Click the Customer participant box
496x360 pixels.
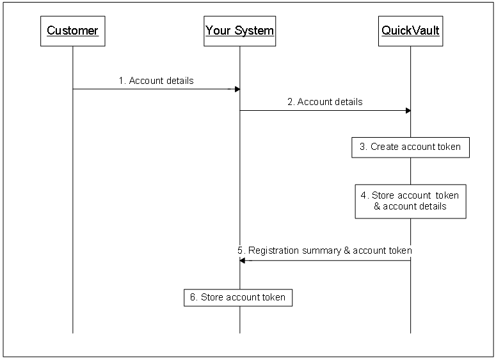pos(72,31)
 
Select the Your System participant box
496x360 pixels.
pos(240,31)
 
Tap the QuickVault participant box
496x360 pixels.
pos(410,31)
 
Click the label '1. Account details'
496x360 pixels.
pos(156,81)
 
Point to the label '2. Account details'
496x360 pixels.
pos(325,102)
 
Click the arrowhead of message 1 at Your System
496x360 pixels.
pos(236,89)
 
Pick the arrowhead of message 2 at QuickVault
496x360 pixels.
pos(407,110)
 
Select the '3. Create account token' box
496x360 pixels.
pos(410,147)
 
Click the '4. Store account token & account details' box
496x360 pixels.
pos(410,201)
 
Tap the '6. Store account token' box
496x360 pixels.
pos(238,297)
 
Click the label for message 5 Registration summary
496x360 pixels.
pos(324,250)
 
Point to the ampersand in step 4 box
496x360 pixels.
pos(377,206)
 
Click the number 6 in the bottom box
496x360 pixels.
pos(193,297)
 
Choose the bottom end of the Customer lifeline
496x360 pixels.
pos(72,332)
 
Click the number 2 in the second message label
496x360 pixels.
pos(291,102)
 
